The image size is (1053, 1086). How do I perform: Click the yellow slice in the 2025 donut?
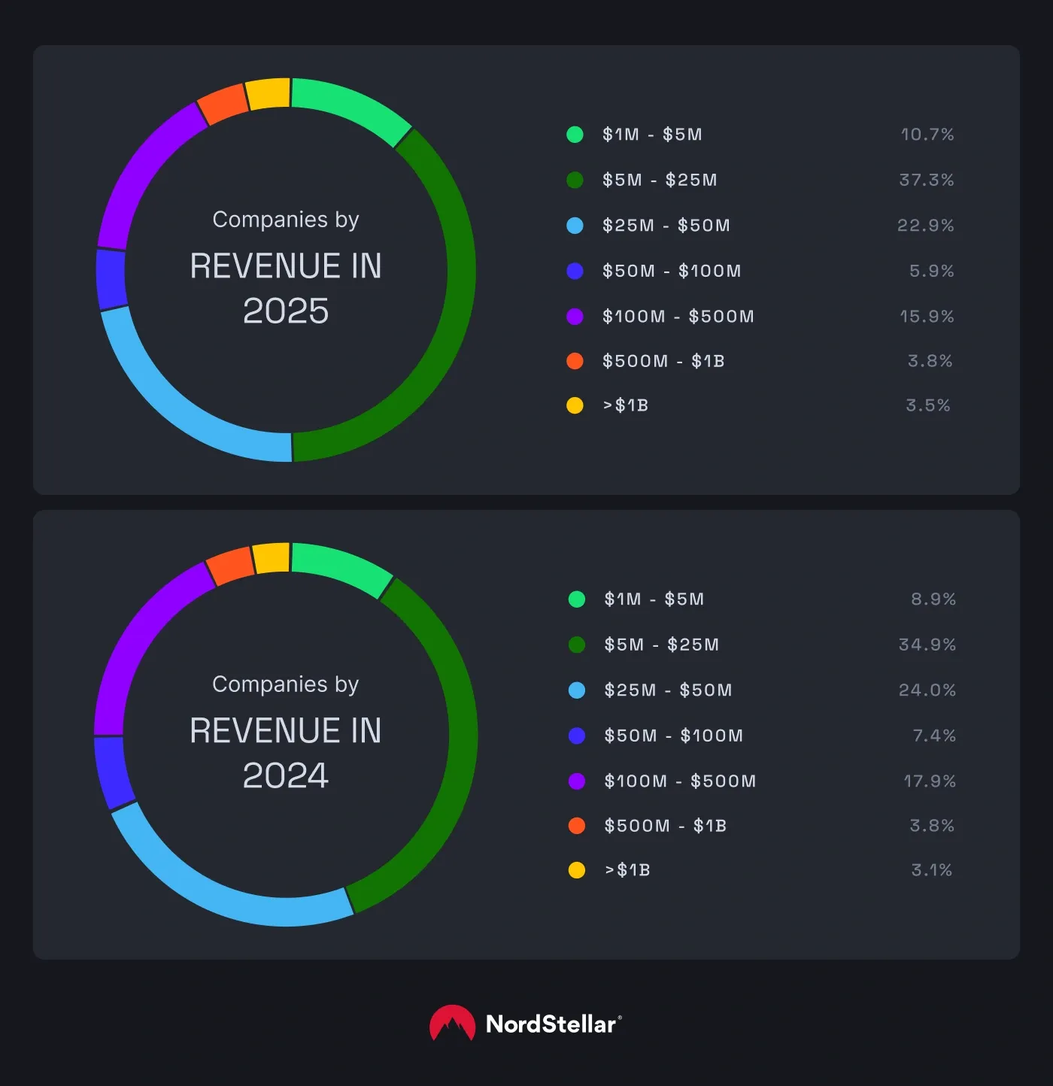(269, 94)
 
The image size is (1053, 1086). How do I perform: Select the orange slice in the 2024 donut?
(231, 566)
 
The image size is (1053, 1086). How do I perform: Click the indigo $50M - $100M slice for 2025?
(111, 279)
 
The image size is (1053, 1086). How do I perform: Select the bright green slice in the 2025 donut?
(350, 109)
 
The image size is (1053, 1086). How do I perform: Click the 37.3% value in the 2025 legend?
(926, 180)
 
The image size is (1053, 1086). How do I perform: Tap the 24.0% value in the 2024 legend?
(927, 690)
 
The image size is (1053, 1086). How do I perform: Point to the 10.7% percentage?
(927, 135)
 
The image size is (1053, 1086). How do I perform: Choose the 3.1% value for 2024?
(931, 870)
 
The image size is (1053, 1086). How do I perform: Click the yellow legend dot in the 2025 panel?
(575, 405)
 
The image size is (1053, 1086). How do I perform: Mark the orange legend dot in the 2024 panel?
(577, 826)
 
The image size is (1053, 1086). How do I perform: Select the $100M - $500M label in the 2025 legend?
(678, 317)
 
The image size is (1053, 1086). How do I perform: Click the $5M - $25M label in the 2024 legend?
(661, 645)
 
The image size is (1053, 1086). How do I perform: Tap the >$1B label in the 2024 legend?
(627, 870)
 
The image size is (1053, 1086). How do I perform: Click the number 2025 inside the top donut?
(286, 311)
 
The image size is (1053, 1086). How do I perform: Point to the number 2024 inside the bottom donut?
(286, 775)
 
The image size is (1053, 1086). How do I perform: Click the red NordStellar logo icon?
(452, 1024)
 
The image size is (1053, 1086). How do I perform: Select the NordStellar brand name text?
(551, 1024)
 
